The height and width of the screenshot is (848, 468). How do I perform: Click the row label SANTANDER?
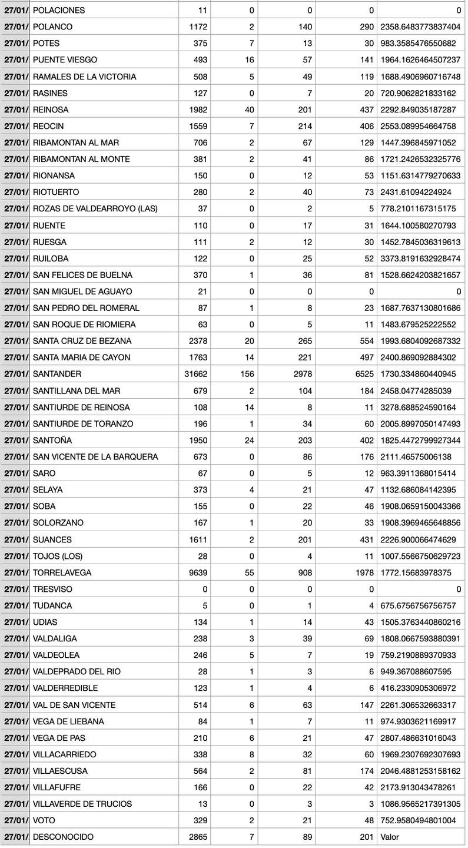pyautogui.click(x=57, y=374)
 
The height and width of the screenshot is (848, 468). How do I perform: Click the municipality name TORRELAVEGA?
pyautogui.click(x=62, y=572)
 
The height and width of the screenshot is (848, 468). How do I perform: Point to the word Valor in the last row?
pyautogui.click(x=390, y=837)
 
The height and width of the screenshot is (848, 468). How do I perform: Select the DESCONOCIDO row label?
pyautogui.click(x=63, y=837)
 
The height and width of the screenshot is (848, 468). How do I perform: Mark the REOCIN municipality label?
pyautogui.click(x=49, y=126)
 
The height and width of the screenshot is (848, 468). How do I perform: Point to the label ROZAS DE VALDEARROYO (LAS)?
pyautogui.click(x=95, y=209)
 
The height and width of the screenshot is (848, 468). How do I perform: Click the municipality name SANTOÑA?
pyautogui.click(x=52, y=440)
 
